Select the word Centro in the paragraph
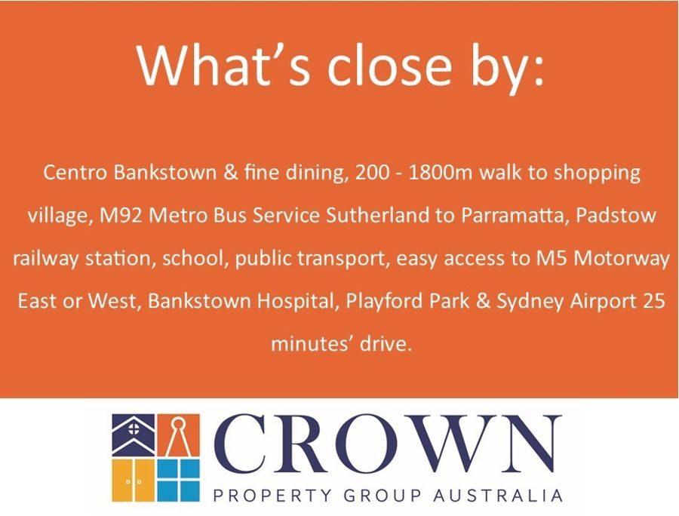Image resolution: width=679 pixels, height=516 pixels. [x=75, y=173]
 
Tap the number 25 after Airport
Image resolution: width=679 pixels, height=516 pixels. [x=653, y=301]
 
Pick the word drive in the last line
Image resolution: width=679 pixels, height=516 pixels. [x=385, y=344]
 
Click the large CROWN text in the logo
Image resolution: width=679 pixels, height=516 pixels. [x=388, y=444]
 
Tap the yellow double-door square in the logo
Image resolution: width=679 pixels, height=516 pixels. [x=134, y=481]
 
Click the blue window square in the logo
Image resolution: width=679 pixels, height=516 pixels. [x=178, y=481]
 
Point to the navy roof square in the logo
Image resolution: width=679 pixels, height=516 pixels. [x=134, y=435]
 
